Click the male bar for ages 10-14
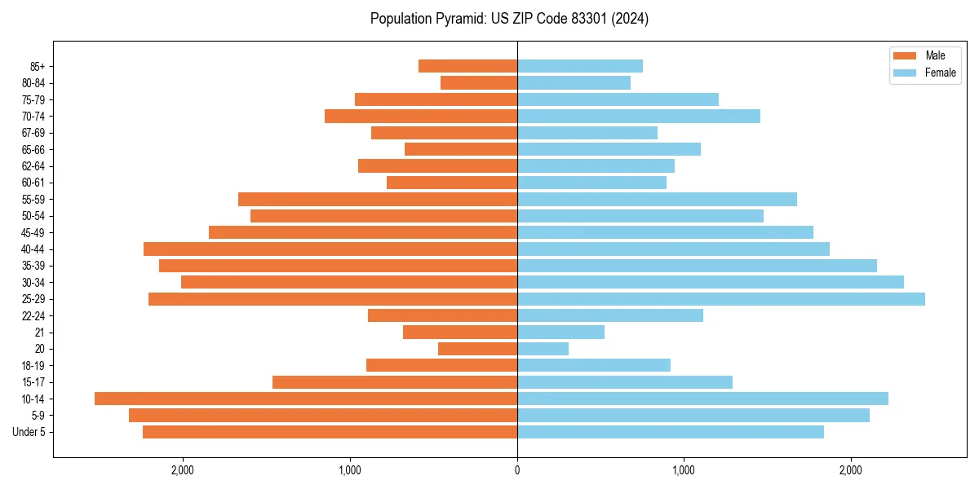(x=306, y=399)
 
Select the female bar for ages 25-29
(x=721, y=299)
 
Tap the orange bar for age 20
(x=477, y=349)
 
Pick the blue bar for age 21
(x=560, y=332)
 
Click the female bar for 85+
(x=580, y=66)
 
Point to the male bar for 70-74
(x=421, y=116)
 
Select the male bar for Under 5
(x=330, y=432)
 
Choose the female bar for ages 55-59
(x=657, y=199)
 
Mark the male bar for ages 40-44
(x=330, y=249)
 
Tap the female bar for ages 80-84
(x=574, y=82)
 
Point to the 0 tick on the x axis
(x=517, y=470)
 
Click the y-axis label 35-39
(x=33, y=266)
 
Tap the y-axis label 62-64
(x=33, y=166)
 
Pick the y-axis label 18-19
(x=33, y=366)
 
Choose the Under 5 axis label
(x=29, y=432)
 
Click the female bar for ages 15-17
(x=625, y=382)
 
